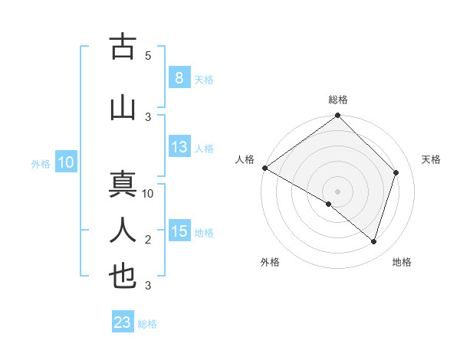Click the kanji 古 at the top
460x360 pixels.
point(123,47)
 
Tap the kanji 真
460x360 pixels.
point(123,186)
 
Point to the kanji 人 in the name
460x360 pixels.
point(123,230)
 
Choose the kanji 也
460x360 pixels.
point(123,276)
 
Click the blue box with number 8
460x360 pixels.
point(179,78)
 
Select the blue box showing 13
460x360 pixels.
point(179,147)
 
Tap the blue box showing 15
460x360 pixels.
point(179,231)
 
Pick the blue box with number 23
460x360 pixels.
point(123,322)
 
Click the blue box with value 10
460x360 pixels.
point(66,162)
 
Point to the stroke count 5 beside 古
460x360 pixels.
point(148,56)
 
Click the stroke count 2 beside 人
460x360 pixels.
point(148,240)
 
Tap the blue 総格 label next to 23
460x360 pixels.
point(147,324)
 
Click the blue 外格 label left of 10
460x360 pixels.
point(41,163)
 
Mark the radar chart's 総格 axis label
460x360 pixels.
point(338,100)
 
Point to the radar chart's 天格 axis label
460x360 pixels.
point(431,159)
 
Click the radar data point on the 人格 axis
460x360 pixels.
point(264,168)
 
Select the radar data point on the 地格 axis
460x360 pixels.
point(374,242)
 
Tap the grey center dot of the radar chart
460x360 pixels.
point(337,191)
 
